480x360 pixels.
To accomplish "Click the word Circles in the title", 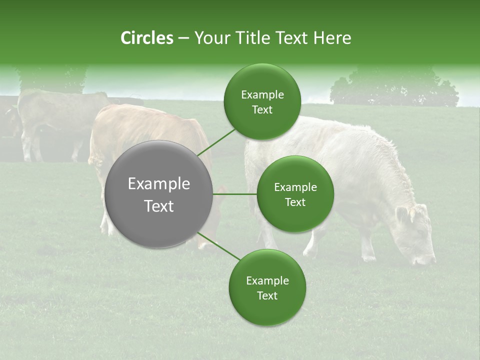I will (146, 38).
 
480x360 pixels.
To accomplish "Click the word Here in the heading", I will (332, 38).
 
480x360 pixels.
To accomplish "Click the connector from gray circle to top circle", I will (216, 142).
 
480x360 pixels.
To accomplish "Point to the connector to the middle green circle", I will (235, 194).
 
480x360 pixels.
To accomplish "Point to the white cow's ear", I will (402, 214).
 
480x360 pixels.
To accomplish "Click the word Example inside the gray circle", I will (158, 184).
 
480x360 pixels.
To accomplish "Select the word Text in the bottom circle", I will (267, 295).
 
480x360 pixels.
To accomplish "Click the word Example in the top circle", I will (262, 95).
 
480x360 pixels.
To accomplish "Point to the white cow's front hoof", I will (369, 258).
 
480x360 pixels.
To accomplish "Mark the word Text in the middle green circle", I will (295, 202).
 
